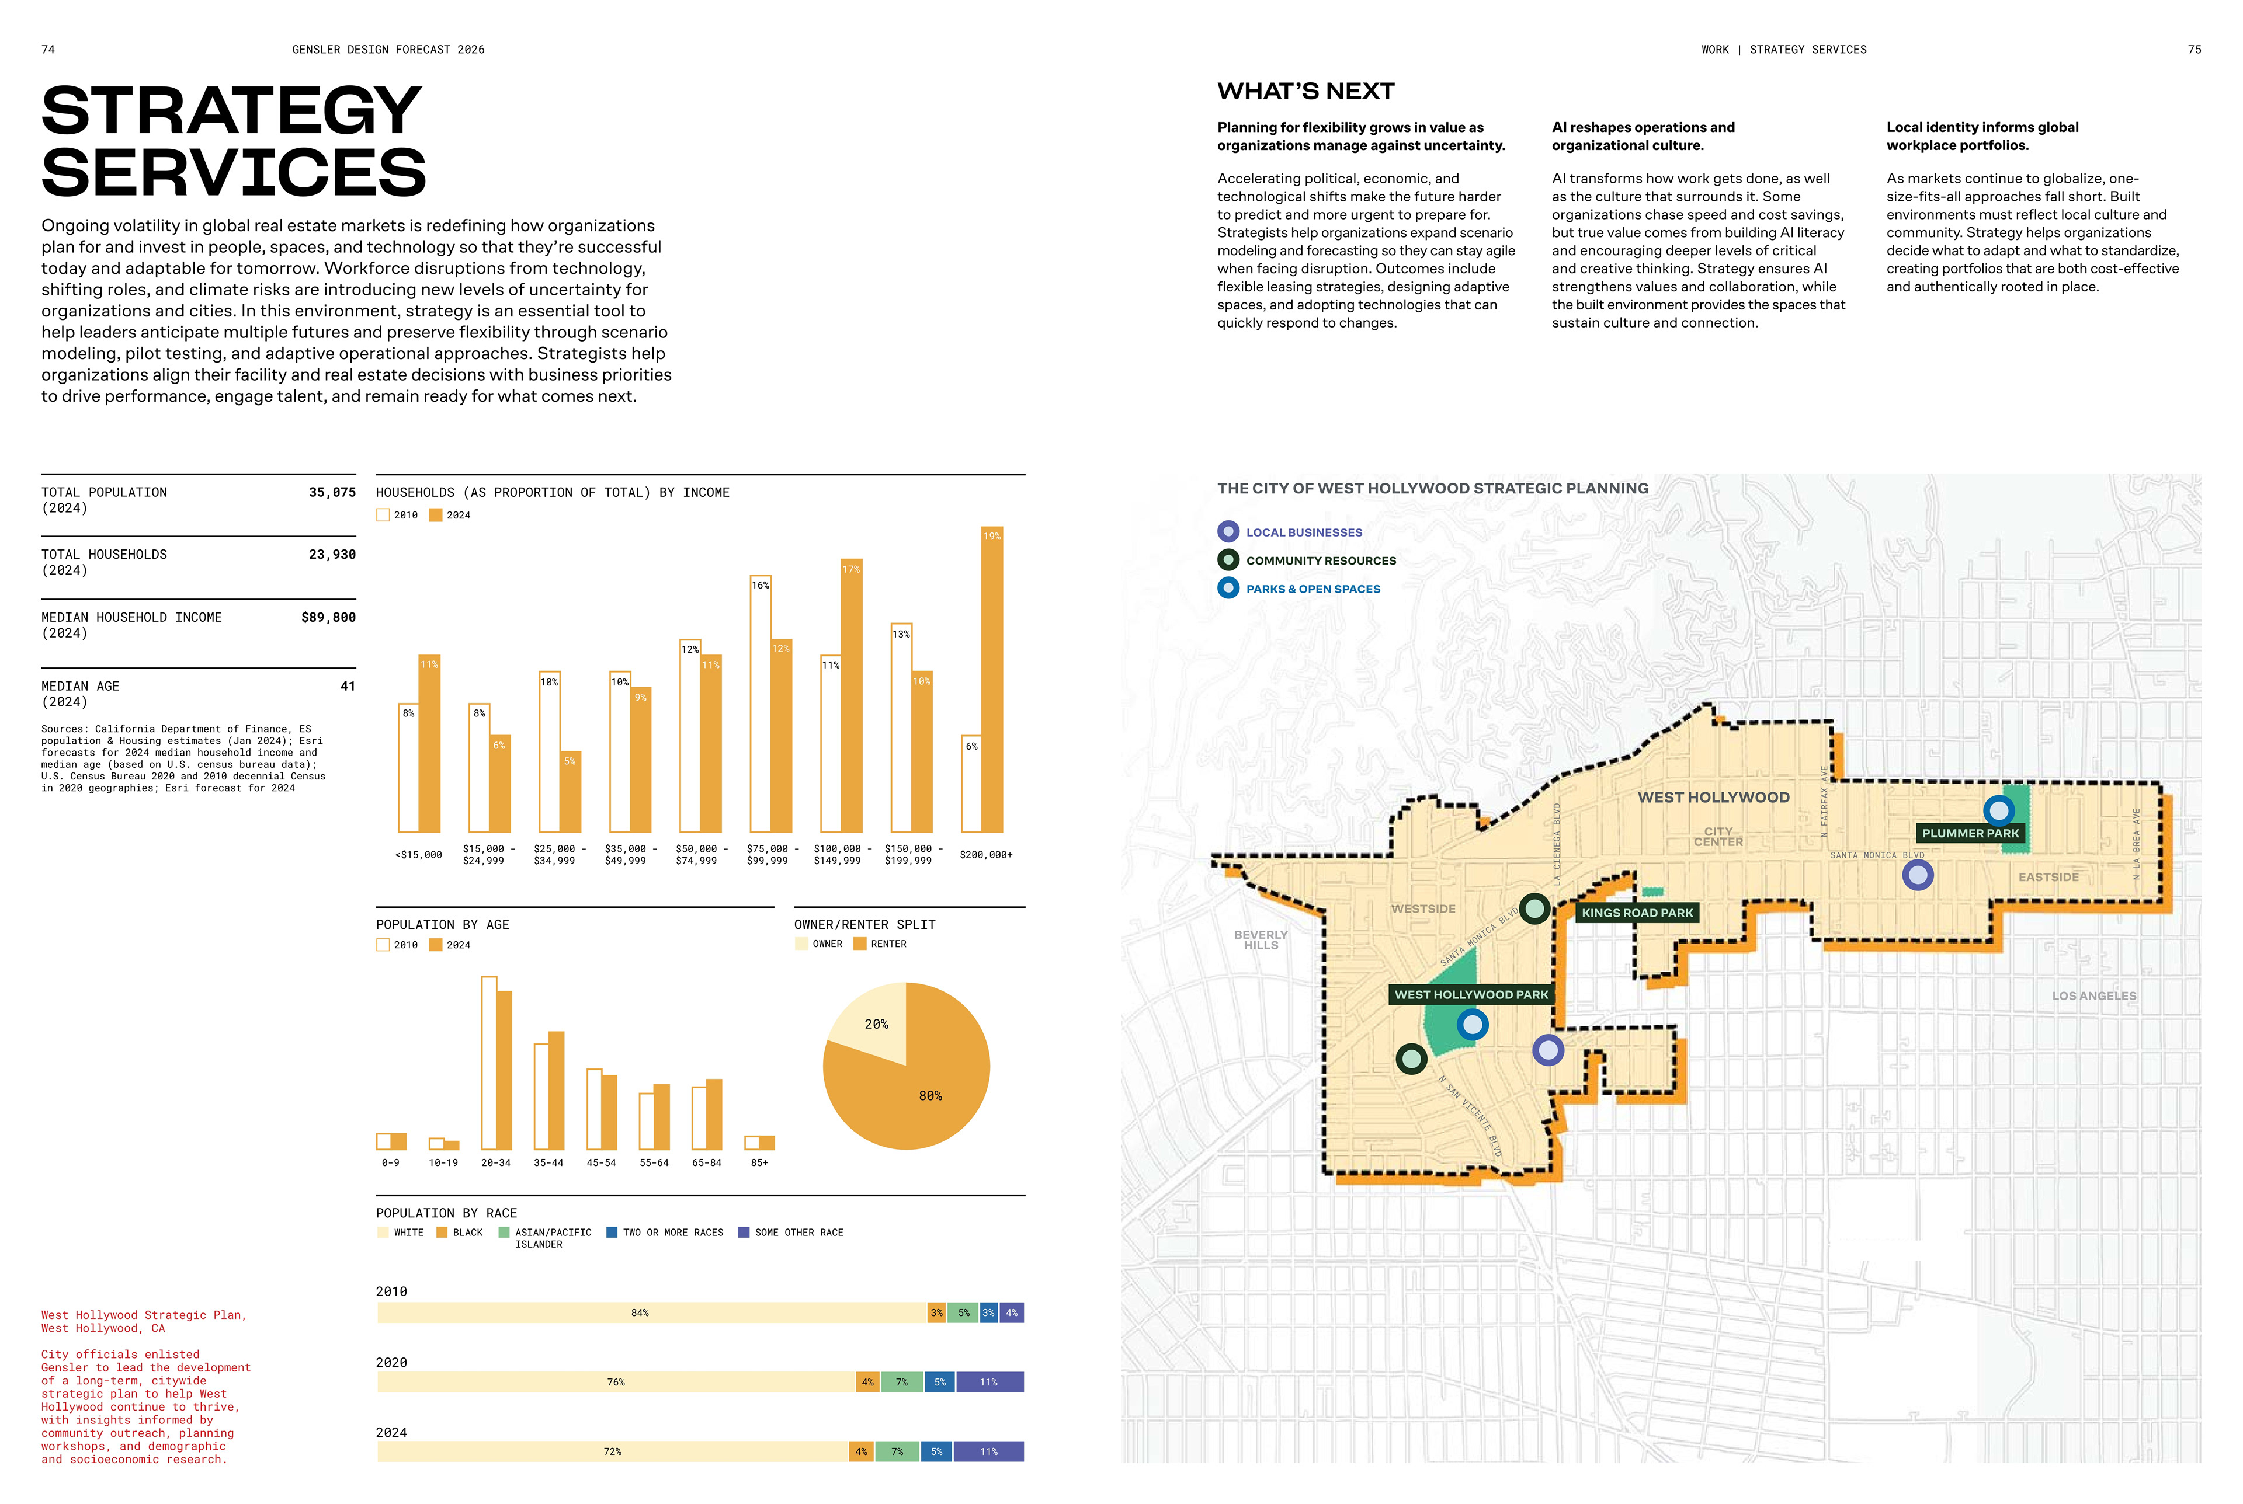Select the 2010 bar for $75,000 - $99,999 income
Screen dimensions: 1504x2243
pos(760,710)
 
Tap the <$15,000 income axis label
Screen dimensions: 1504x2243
pos(418,855)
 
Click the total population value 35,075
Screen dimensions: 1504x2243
pos(332,492)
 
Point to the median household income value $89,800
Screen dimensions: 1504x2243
pos(328,618)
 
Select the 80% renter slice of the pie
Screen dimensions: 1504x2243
pos(921,1094)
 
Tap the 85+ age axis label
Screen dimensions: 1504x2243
pos(759,1162)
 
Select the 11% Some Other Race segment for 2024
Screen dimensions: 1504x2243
pos(988,1452)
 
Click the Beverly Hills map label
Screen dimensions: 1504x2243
pos(1261,940)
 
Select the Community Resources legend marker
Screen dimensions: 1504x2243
pos(1228,560)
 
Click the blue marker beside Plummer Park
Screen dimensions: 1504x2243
pos(1998,810)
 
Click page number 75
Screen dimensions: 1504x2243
pos(2194,50)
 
